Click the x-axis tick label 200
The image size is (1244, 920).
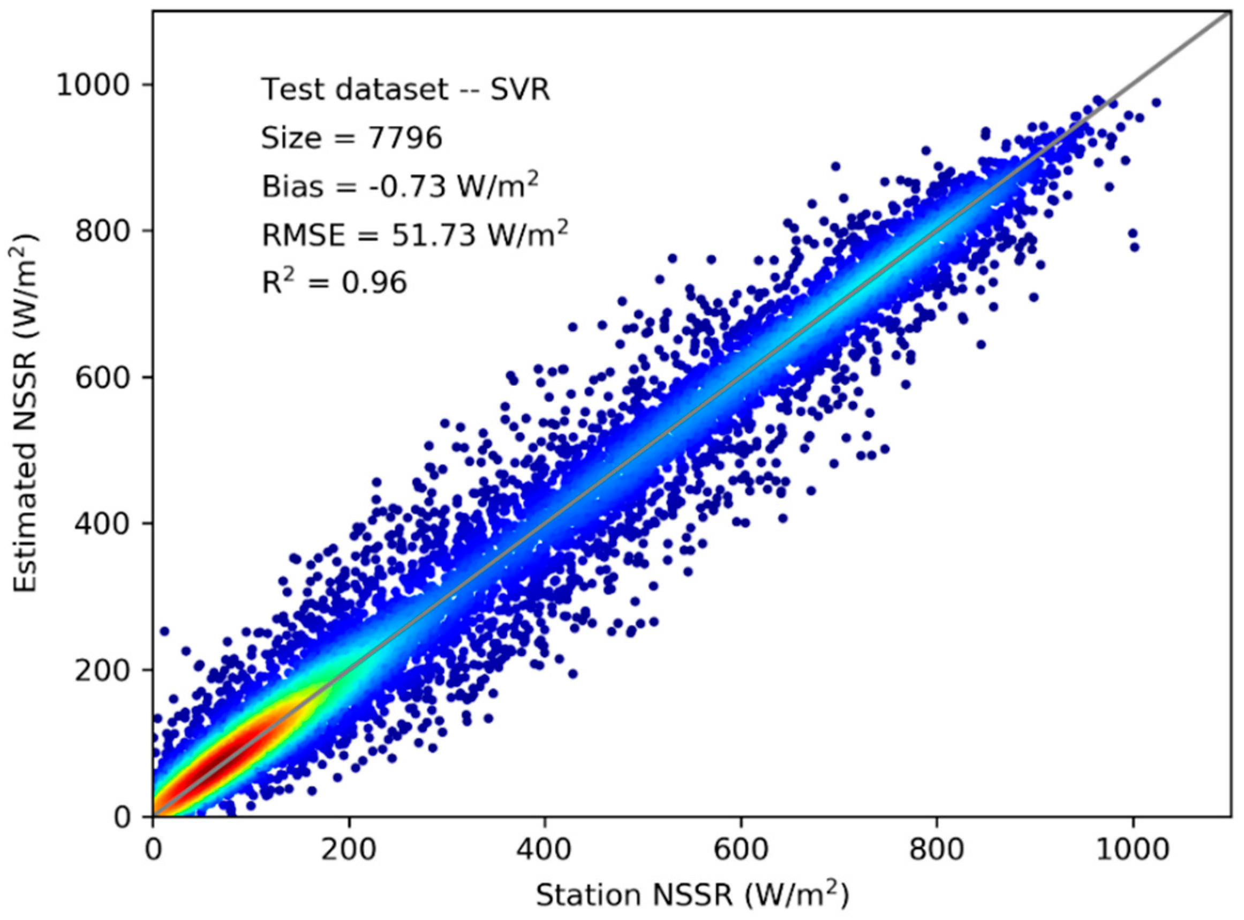(349, 850)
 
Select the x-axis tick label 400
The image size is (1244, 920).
(545, 850)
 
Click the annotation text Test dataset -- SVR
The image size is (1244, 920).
(406, 89)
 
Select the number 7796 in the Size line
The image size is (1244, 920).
(405, 138)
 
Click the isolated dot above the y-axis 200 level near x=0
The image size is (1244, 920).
(164, 631)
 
